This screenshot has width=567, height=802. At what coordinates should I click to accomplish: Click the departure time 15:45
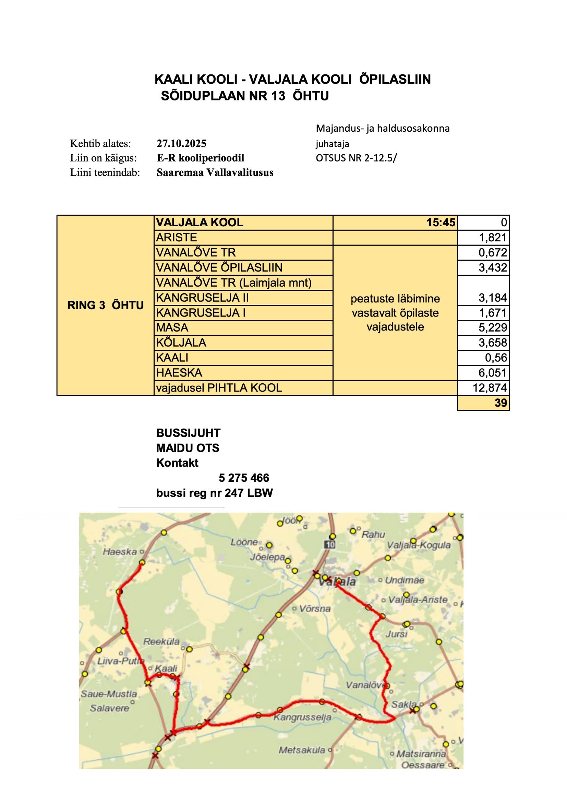pos(441,223)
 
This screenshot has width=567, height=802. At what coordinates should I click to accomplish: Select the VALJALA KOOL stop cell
pos(200,223)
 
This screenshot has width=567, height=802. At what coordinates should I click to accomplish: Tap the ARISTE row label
pos(177,238)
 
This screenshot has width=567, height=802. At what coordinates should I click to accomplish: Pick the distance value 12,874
pos(490,388)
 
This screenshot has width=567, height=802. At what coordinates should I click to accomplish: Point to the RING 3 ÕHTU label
pos(106,305)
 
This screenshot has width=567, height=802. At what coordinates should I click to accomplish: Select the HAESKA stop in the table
pos(179,373)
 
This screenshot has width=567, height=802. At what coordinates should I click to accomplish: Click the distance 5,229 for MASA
pos(492,328)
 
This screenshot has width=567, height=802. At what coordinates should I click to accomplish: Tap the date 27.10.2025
pos(182,144)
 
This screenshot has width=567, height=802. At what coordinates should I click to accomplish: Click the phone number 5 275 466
pos(244,478)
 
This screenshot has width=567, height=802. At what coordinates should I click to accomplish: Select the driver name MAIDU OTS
pos(188,448)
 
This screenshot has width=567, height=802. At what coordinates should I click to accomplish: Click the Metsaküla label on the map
pos(302,750)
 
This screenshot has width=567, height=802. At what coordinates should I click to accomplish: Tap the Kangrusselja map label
pos(302,718)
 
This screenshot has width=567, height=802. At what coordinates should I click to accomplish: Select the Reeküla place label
pos(161,641)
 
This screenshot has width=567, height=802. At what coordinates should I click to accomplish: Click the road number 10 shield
pos(329,544)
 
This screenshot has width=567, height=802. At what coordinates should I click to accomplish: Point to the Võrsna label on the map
pos(315,609)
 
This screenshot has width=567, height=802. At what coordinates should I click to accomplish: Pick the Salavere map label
pos(109,708)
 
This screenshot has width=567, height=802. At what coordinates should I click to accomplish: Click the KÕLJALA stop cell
pos(181,343)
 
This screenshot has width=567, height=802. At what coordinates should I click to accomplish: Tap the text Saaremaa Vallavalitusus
pos(215,172)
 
